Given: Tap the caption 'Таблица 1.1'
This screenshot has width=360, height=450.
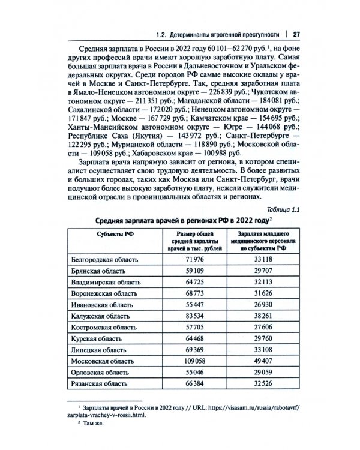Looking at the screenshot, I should point(282,209).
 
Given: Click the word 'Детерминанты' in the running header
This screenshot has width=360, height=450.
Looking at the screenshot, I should point(190,32).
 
